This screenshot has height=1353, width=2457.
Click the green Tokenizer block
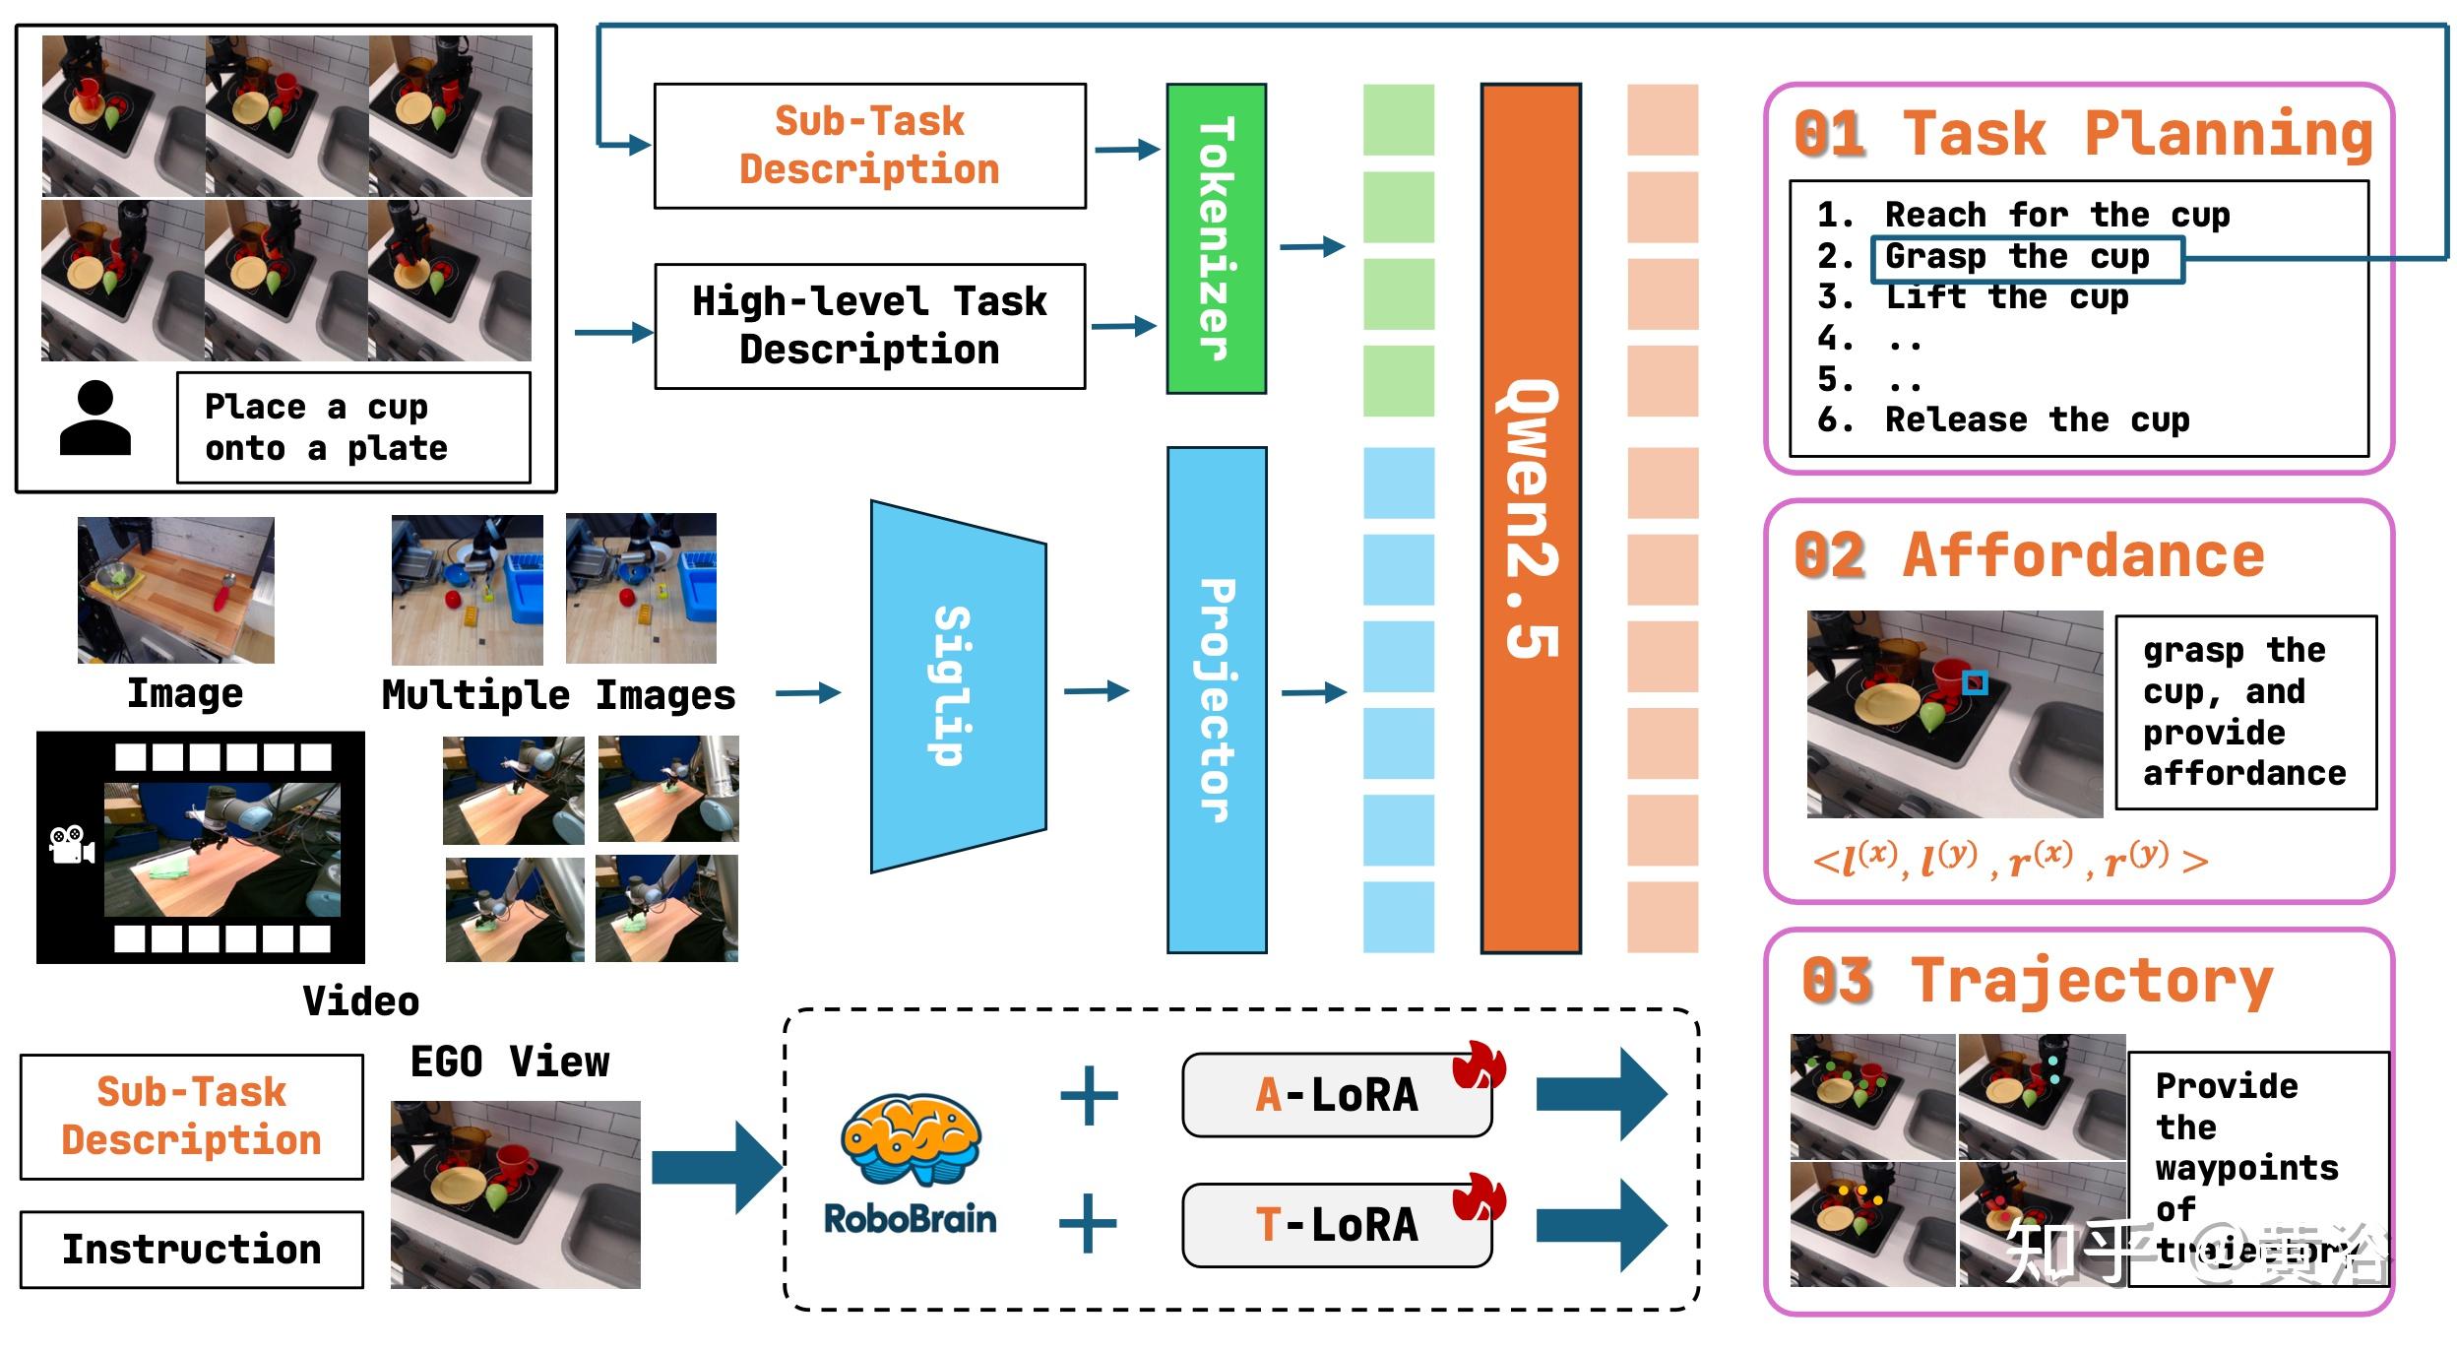(x=1216, y=238)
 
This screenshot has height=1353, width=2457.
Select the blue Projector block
(x=1216, y=699)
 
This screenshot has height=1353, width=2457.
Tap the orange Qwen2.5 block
(x=1530, y=518)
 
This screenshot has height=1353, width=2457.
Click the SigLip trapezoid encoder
(x=957, y=686)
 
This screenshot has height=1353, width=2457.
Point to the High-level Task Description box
(x=869, y=326)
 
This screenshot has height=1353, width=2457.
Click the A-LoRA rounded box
(x=1336, y=1095)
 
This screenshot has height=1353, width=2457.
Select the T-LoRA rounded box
(x=1336, y=1225)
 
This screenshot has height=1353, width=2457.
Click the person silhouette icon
(x=94, y=419)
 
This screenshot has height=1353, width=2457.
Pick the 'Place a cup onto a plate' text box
(x=353, y=427)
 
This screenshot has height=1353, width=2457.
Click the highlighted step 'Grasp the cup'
(x=2026, y=258)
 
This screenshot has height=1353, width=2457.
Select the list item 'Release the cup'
(x=2036, y=420)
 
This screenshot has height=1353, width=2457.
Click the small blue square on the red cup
(x=1975, y=682)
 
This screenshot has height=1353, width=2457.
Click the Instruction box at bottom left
(x=191, y=1249)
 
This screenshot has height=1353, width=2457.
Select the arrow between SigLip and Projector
(x=1096, y=691)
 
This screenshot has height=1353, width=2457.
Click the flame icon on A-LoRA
(x=1480, y=1066)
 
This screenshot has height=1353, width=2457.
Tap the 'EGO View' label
(x=509, y=1062)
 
